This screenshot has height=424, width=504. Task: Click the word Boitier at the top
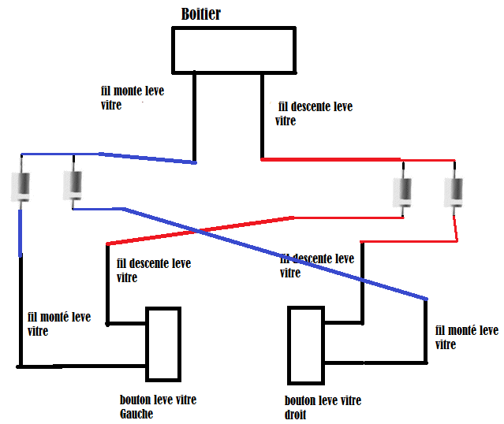[x=201, y=14]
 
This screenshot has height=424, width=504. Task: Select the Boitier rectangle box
[x=234, y=50]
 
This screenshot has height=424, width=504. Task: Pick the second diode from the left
[x=73, y=186]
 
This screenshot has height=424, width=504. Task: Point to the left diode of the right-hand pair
[x=403, y=191]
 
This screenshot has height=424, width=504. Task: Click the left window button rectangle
[x=164, y=344]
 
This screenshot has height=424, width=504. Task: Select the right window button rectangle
[x=306, y=344]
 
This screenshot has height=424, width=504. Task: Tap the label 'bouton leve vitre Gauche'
[x=157, y=406]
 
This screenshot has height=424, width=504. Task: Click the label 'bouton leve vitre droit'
[x=323, y=407]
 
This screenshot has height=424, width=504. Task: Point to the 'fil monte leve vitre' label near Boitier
[x=133, y=98]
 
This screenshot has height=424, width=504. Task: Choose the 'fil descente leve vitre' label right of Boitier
[x=313, y=113]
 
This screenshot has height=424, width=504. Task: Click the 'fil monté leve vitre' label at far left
[x=58, y=324]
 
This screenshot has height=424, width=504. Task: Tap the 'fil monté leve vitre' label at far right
[x=466, y=337]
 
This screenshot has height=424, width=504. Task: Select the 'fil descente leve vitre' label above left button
[x=153, y=270]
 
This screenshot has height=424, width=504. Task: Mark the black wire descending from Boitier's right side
[x=262, y=114]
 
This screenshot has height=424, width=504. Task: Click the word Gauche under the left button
[x=136, y=414]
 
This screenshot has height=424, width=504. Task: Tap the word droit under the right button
[x=296, y=415]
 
